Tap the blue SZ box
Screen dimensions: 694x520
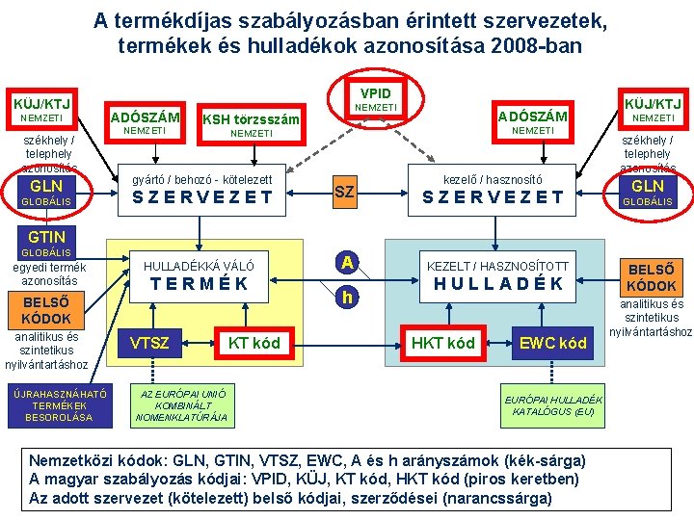tap(344, 193)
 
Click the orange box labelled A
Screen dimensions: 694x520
tap(345, 262)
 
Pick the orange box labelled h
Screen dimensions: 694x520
tap(345, 299)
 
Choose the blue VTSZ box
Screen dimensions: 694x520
tap(149, 343)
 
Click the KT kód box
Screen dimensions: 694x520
tap(254, 343)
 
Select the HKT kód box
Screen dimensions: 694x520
tap(442, 343)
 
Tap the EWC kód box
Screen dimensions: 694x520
tap(552, 343)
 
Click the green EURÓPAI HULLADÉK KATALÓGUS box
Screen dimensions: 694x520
tap(553, 405)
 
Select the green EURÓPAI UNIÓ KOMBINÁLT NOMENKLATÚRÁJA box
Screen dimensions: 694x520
tap(182, 405)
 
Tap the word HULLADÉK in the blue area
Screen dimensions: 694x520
tap(497, 284)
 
